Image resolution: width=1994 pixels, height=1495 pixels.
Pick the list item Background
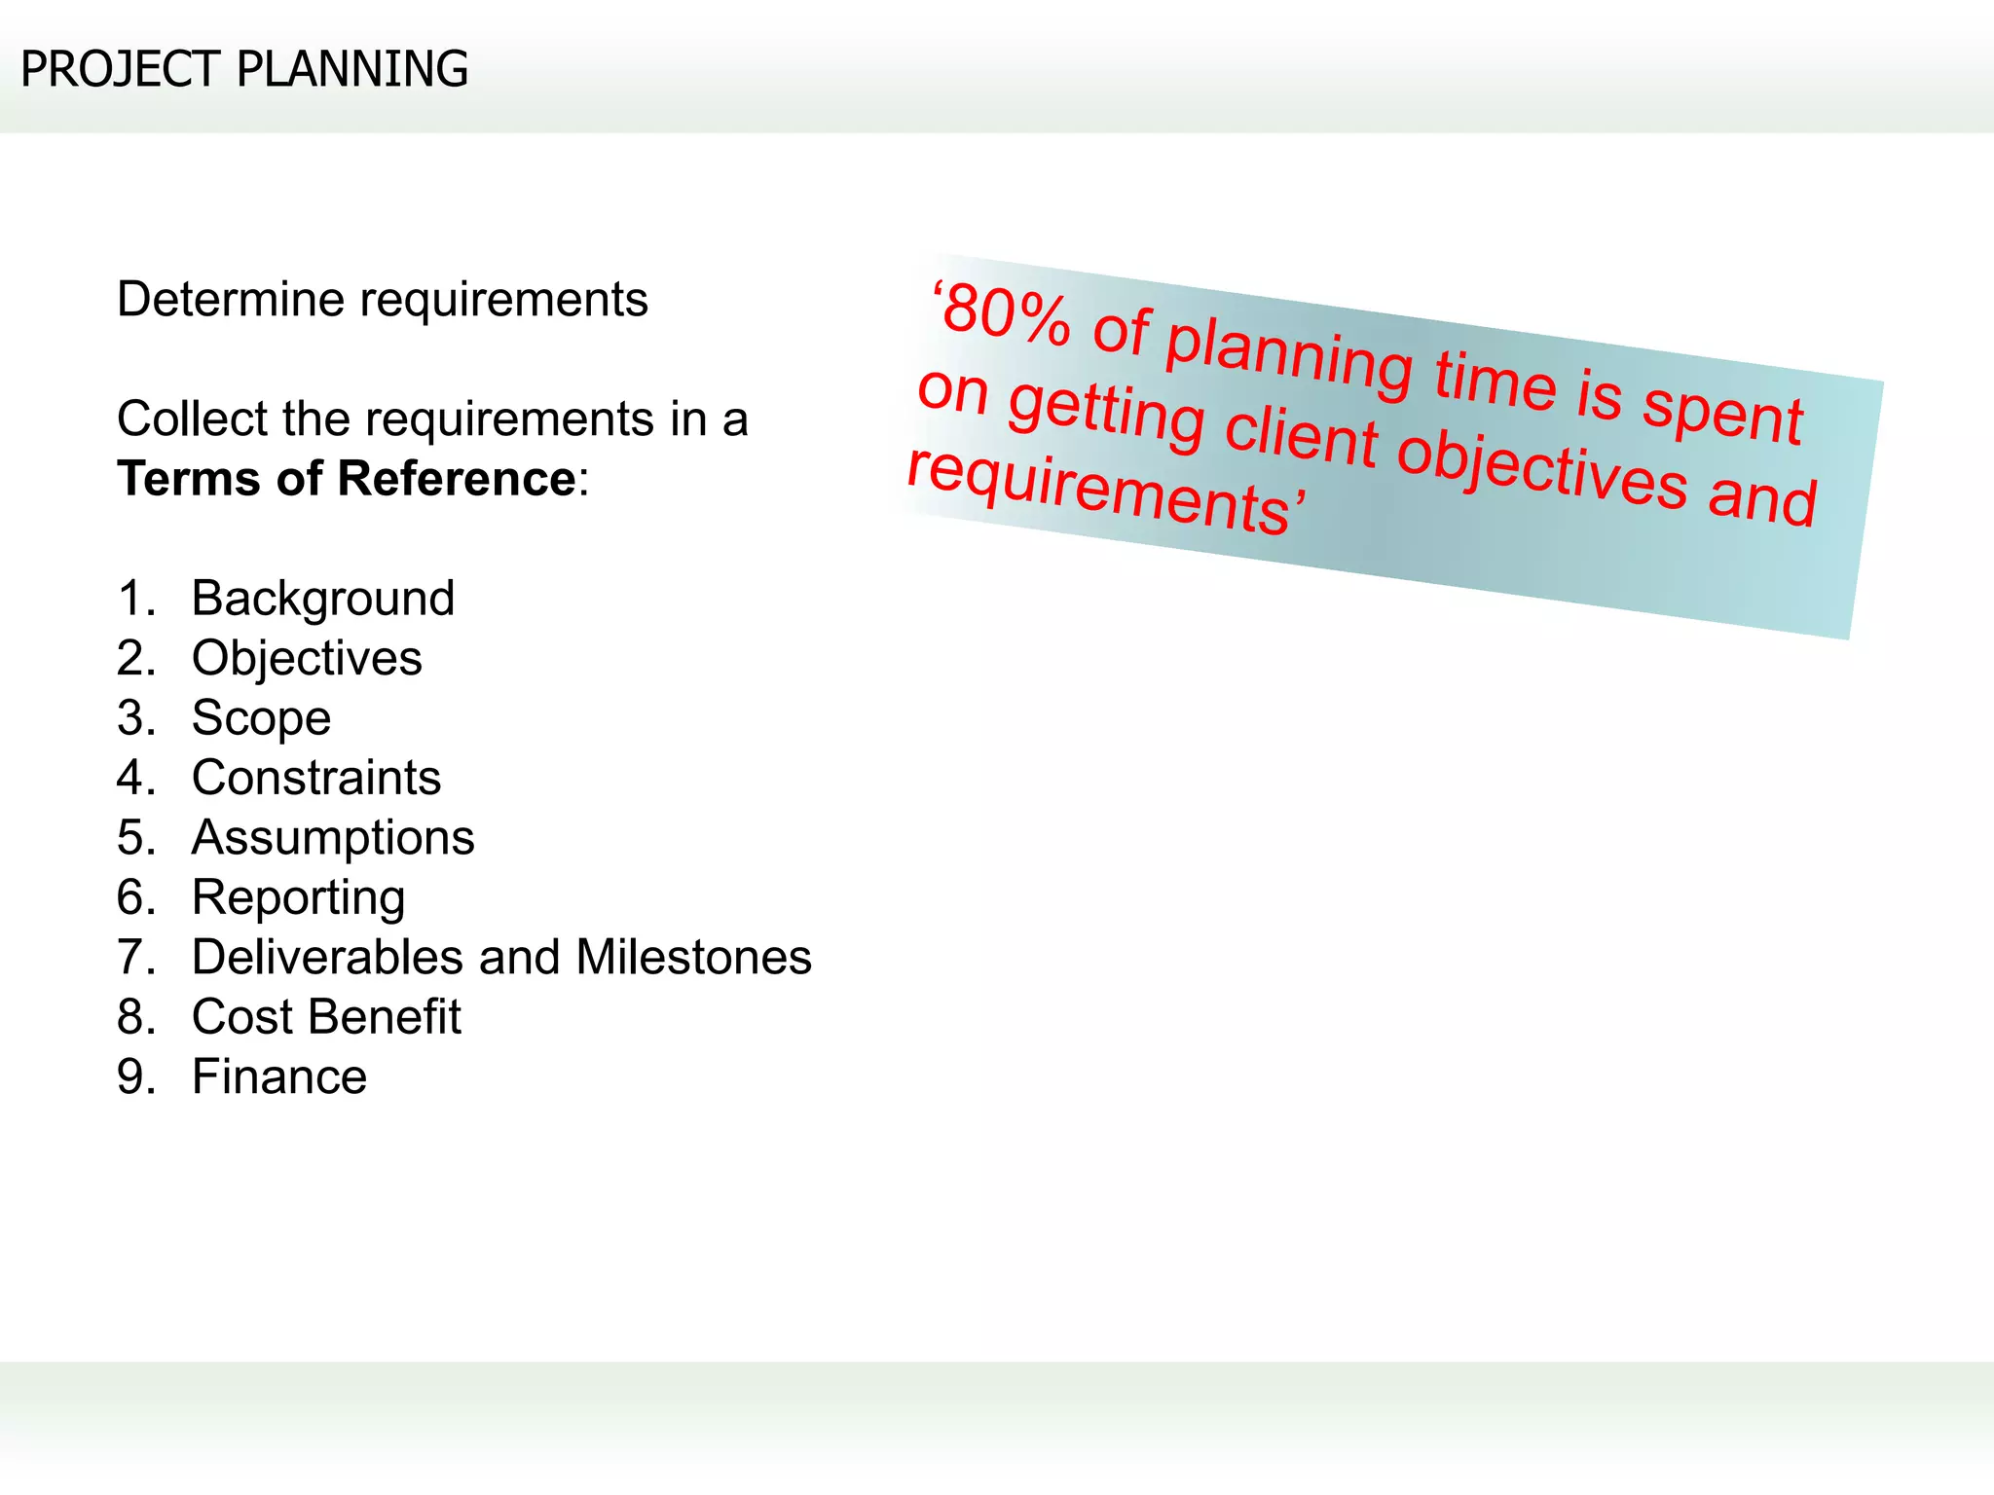(x=322, y=598)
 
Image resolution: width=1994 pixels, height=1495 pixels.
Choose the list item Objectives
(x=307, y=658)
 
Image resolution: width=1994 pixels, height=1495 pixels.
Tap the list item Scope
(x=261, y=718)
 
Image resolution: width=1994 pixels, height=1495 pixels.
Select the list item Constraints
(x=316, y=778)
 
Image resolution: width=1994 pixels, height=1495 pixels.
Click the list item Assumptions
(x=333, y=838)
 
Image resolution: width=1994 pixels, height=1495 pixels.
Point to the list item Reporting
(x=298, y=898)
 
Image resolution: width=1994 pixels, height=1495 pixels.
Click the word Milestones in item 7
(x=693, y=957)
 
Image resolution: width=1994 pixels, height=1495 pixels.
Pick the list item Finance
(x=279, y=1077)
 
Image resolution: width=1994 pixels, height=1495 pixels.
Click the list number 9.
(x=135, y=1077)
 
